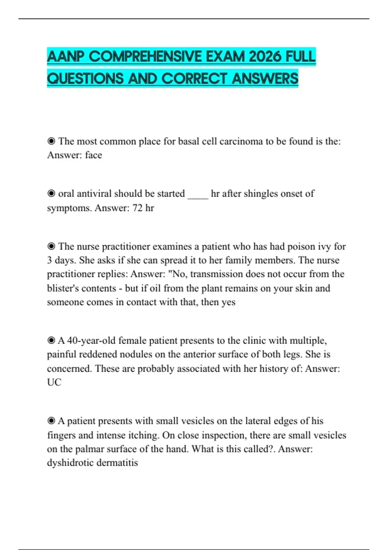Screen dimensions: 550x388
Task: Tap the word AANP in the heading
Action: (66, 57)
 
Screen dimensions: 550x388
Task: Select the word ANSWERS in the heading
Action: (265, 79)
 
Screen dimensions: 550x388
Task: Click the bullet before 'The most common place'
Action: (51, 141)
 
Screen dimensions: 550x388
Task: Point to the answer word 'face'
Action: (93, 155)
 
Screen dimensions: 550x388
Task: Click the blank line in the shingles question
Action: (198, 194)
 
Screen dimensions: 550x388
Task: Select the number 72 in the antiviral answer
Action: (137, 208)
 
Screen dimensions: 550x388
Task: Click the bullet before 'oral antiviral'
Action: (51, 193)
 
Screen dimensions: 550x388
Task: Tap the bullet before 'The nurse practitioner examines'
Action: (51, 247)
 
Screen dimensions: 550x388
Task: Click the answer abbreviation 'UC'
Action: (54, 382)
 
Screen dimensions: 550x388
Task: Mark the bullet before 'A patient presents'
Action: (51, 421)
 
